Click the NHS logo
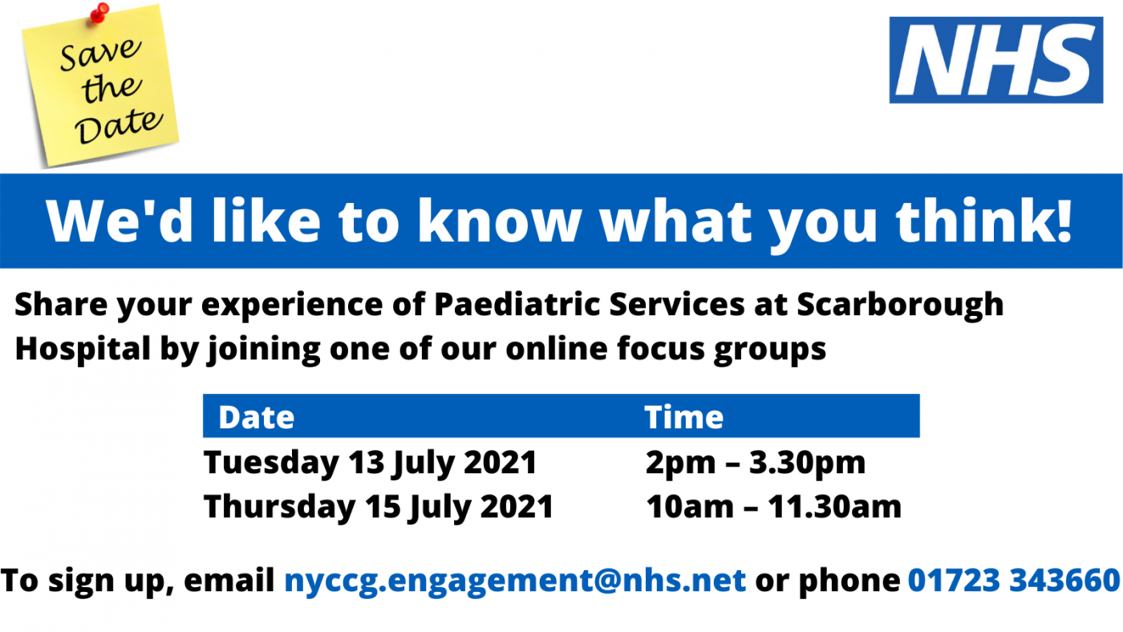click(995, 60)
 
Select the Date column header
click(256, 417)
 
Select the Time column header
click(683, 417)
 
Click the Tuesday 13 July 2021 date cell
click(370, 463)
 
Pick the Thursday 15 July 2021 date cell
click(379, 507)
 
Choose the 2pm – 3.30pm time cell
click(755, 463)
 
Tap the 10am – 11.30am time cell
click(773, 507)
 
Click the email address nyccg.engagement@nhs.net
click(515, 580)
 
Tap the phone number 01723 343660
click(1014, 580)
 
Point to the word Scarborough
click(900, 305)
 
